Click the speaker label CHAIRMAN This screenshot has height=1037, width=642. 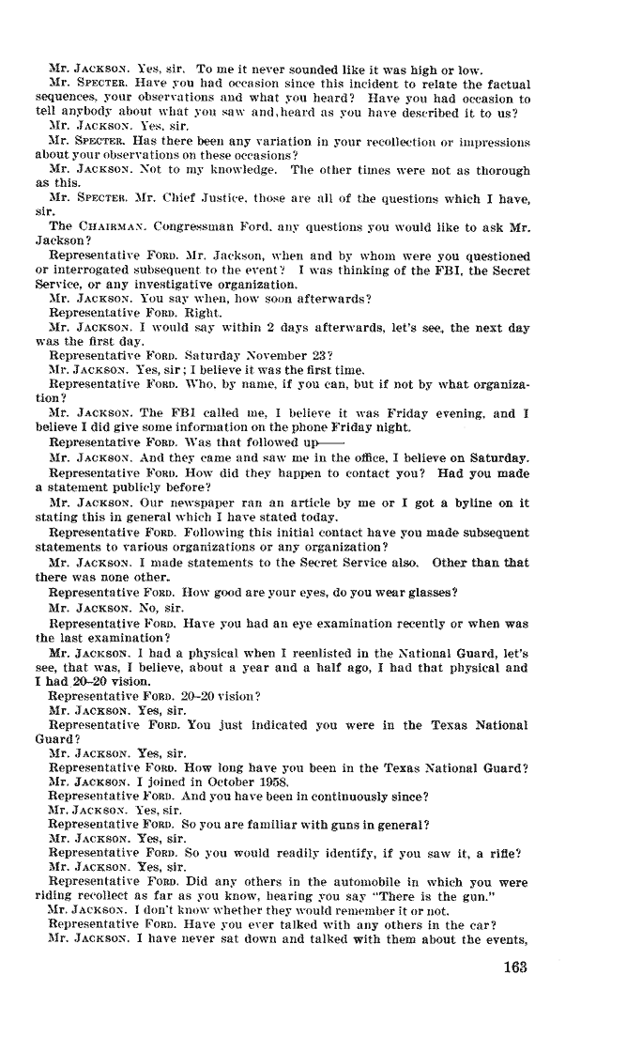(x=107, y=226)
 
